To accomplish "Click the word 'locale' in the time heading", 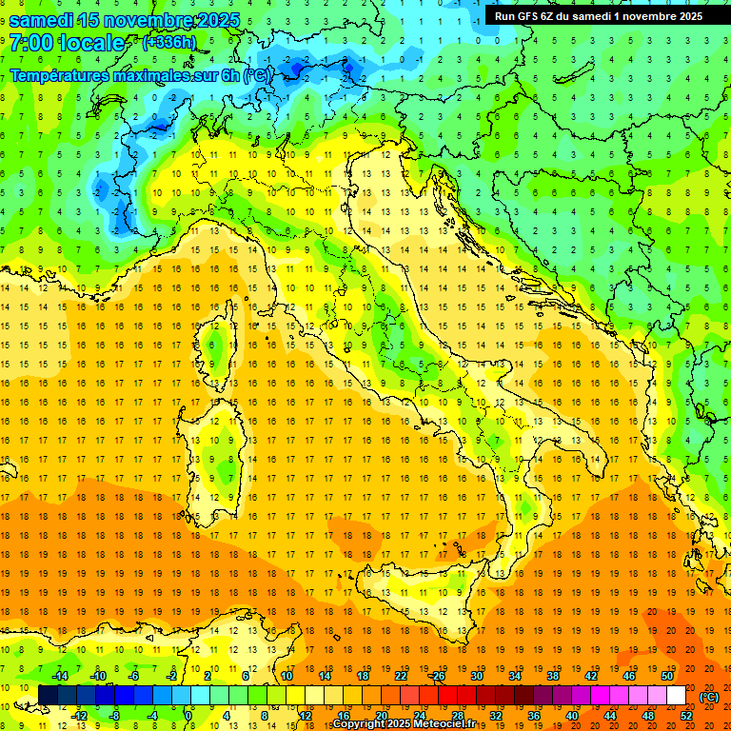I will [91, 43].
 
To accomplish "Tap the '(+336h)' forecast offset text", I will [169, 42].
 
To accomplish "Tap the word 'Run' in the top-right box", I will [505, 15].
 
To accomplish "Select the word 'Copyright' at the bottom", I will [361, 724].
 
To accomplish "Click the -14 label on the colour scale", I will [60, 675].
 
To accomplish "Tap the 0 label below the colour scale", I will [189, 716].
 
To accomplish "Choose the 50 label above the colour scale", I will [667, 675].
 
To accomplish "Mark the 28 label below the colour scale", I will [457, 716].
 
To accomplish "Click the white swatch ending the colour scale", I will [677, 696].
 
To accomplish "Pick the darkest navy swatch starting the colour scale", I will [48, 696].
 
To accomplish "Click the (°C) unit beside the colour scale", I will [709, 696].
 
